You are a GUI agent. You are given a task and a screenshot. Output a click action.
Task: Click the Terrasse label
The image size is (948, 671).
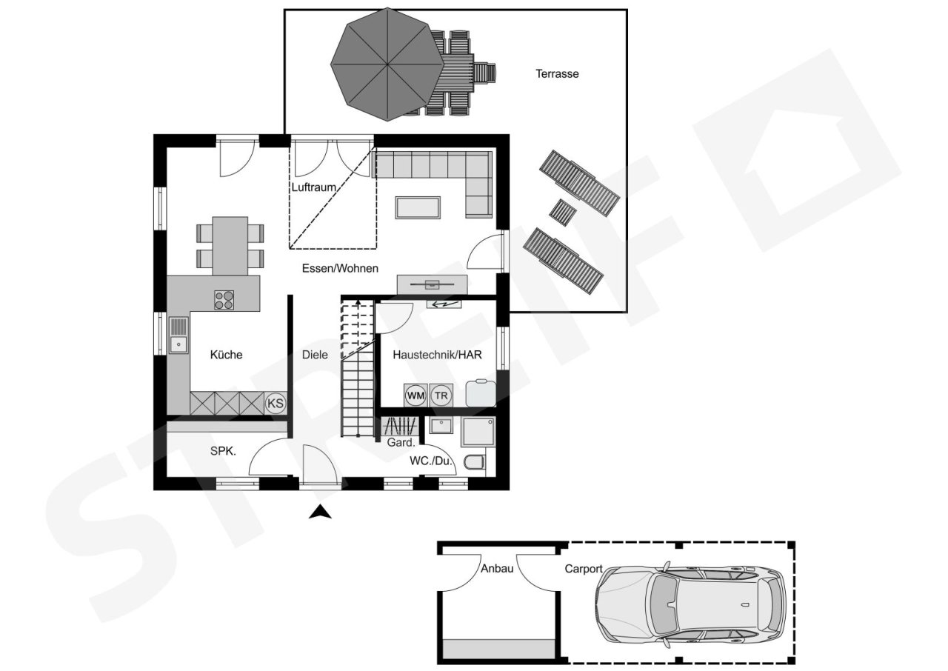(x=557, y=74)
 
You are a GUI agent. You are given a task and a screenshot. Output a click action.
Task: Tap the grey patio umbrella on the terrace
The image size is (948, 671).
(x=387, y=64)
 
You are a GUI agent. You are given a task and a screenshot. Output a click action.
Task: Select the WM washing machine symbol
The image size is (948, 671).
(x=415, y=395)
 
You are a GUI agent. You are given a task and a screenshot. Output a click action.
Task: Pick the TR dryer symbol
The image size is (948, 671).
(x=441, y=395)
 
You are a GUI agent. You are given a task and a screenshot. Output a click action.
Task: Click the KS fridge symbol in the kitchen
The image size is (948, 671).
(x=276, y=403)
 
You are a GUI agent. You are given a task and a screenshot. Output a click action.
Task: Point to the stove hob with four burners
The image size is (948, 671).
(x=224, y=300)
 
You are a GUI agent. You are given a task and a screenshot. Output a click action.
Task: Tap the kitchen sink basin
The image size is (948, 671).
(x=178, y=344)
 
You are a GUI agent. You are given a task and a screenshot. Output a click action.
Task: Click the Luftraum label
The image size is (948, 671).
(x=313, y=187)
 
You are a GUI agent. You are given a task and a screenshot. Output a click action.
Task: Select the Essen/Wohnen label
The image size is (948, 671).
(x=340, y=268)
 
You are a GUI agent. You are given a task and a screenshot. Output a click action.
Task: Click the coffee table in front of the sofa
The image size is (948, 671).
(x=418, y=207)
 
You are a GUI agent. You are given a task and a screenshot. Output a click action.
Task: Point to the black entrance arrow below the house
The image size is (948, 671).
(x=319, y=512)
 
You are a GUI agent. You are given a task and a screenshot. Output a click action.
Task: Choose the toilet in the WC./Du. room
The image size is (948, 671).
(x=475, y=462)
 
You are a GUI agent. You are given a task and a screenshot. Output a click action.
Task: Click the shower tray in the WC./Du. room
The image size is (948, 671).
(x=478, y=432)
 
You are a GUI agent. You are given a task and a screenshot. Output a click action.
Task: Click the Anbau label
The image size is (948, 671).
(x=497, y=568)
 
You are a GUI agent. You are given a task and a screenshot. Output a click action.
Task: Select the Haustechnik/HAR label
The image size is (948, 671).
(x=437, y=355)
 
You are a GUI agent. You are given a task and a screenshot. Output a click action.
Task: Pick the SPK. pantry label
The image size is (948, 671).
(x=223, y=451)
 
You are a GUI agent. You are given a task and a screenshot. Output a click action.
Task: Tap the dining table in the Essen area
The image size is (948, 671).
(x=230, y=246)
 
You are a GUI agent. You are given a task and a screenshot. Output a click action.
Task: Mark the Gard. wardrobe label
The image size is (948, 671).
(x=401, y=443)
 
